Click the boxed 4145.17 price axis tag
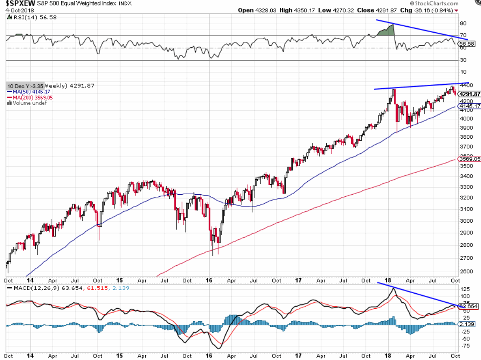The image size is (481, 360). click(469, 106)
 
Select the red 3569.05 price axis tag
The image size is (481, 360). click(469, 159)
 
